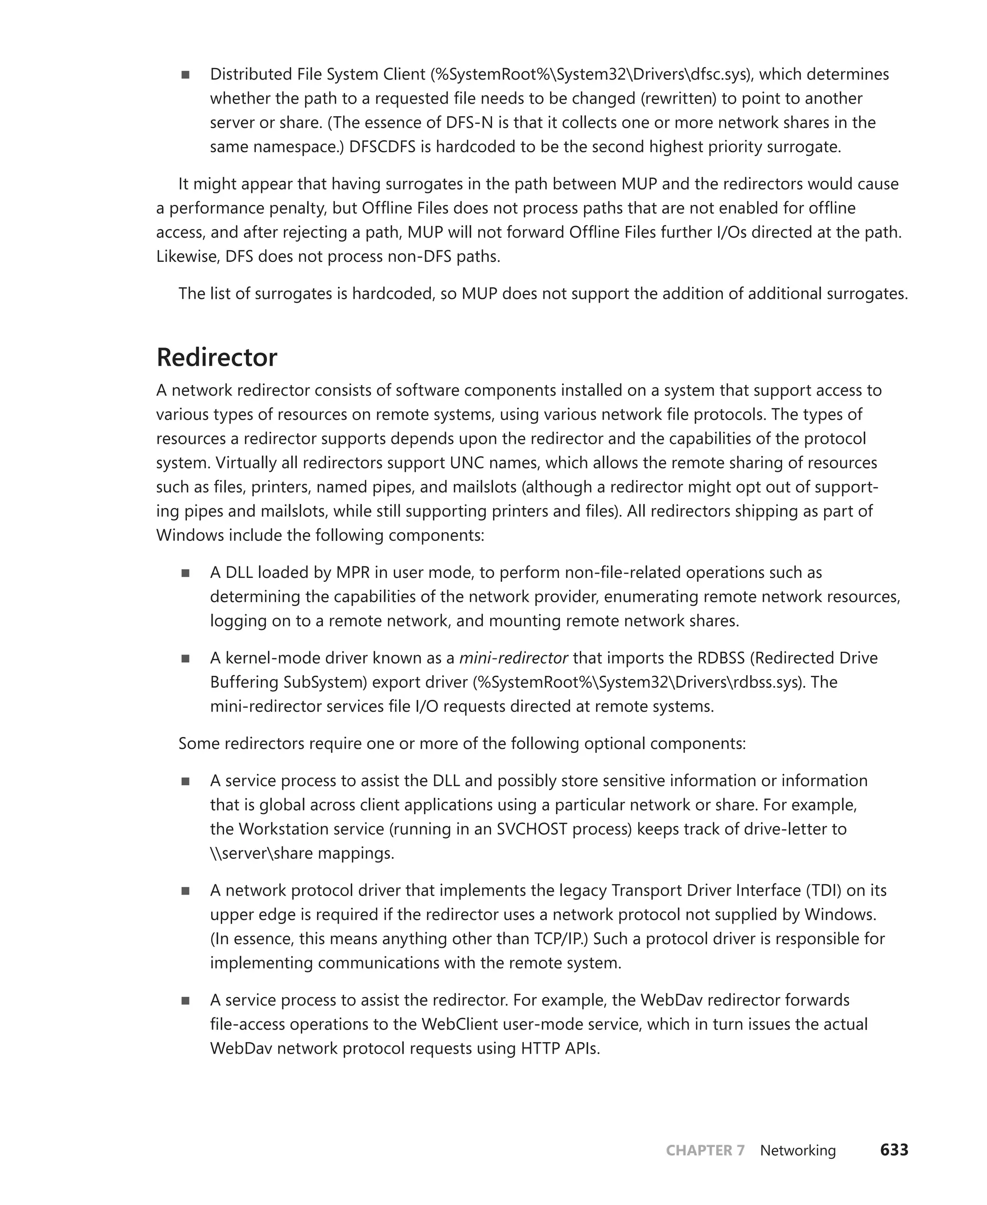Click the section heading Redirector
(x=216, y=358)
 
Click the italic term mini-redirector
(x=513, y=658)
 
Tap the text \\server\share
(x=262, y=854)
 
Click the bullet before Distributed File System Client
(x=186, y=75)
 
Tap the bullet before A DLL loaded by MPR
(x=186, y=573)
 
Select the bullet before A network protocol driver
(x=186, y=891)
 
